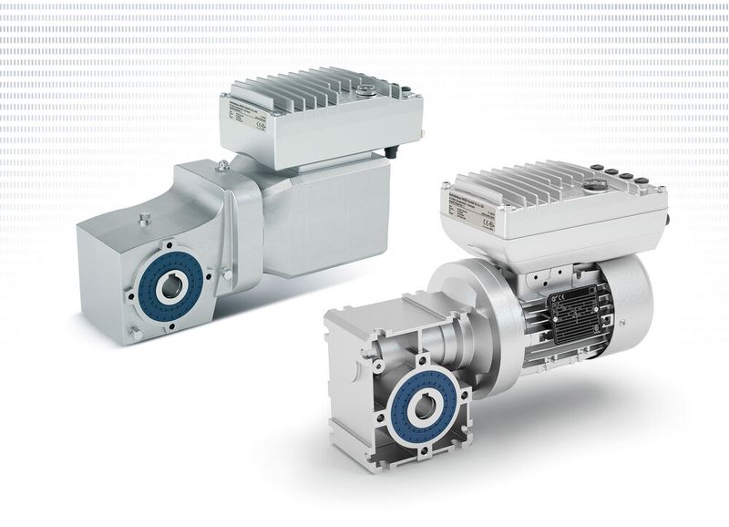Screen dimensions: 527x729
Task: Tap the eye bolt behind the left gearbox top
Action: [222, 165]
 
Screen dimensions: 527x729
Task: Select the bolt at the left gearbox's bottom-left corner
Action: [134, 335]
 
